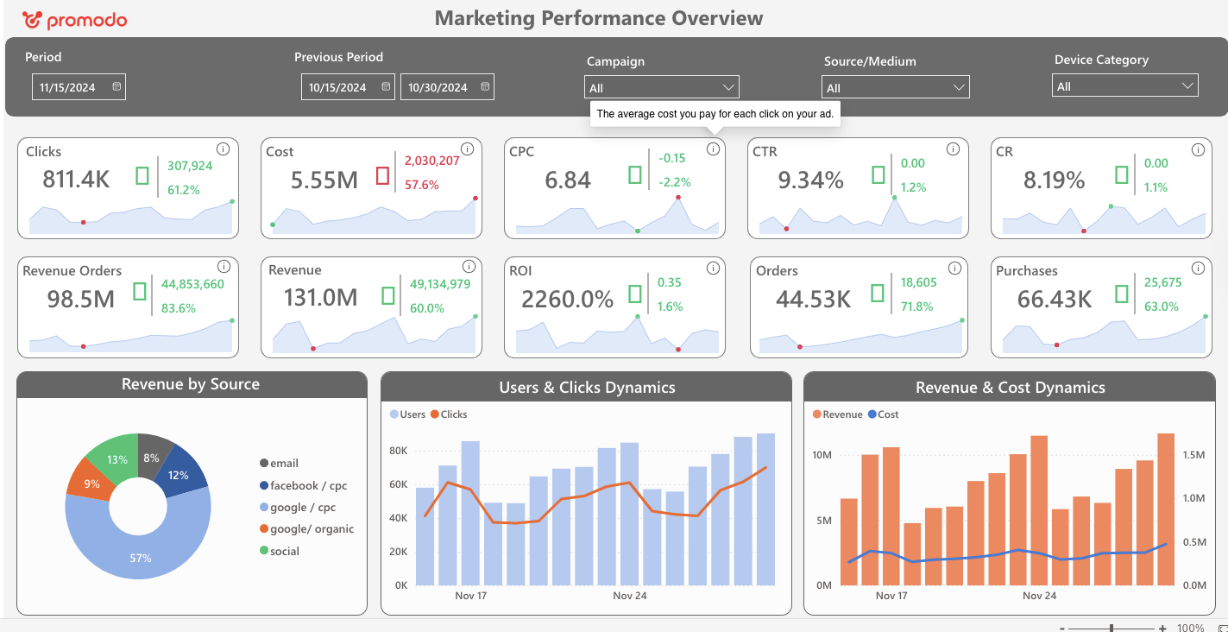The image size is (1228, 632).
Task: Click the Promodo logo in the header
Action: tap(74, 20)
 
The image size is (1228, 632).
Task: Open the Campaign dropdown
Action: tap(661, 88)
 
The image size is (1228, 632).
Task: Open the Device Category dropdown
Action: tap(1124, 86)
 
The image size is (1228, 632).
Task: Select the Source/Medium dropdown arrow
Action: tap(958, 88)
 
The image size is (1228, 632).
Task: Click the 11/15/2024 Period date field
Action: tap(79, 87)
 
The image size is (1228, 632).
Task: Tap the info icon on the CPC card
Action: tap(713, 149)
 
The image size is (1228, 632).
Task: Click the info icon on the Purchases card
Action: tap(1197, 269)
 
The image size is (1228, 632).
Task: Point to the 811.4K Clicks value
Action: tap(76, 180)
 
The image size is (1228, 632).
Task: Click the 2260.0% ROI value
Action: tap(567, 300)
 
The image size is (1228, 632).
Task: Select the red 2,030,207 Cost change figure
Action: tap(431, 161)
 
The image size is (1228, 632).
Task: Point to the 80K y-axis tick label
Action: tap(398, 451)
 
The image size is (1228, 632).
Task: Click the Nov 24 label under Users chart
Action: tap(629, 596)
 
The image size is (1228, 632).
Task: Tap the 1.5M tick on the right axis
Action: tap(1194, 455)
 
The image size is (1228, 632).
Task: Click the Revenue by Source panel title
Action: tap(191, 385)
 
